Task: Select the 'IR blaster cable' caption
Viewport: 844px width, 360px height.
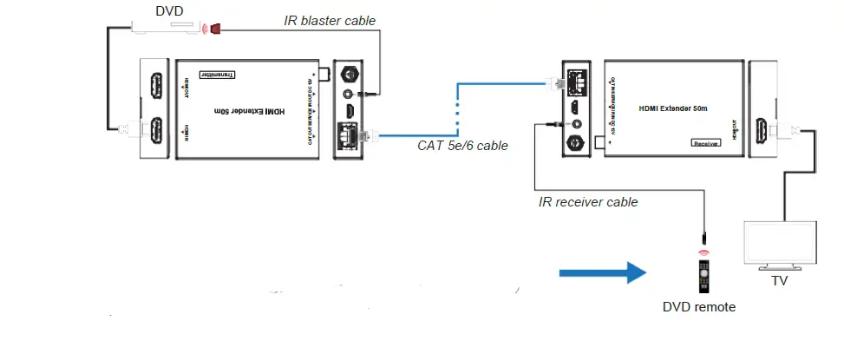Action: coord(330,20)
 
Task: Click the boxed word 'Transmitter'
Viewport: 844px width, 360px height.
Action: coord(219,75)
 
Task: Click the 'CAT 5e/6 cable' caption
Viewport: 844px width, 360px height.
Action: coord(462,145)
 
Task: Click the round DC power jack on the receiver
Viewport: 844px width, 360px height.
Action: coord(573,141)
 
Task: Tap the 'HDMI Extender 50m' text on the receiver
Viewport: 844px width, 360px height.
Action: coord(674,108)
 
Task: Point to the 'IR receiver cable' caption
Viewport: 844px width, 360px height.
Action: coord(588,202)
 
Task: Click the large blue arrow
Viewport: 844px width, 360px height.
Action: coord(603,273)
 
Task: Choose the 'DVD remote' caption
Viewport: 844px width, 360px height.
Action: coord(699,307)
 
